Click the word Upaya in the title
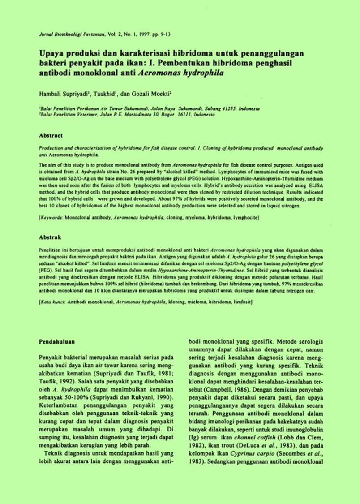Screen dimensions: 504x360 click(x=50, y=53)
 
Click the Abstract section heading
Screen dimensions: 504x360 click(x=51, y=135)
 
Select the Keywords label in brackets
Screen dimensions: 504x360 click(x=51, y=217)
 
